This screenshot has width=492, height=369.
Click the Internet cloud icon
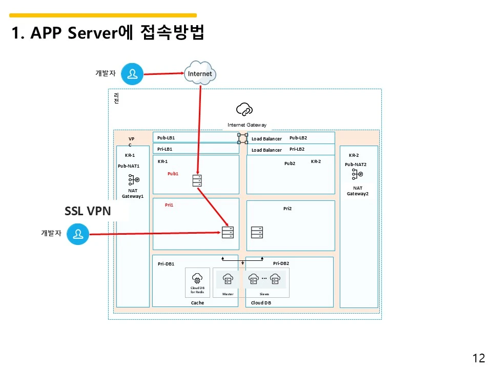point(200,73)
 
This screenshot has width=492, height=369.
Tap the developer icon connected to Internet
point(133,74)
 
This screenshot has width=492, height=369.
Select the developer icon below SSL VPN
point(78,235)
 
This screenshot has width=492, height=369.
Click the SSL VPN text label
point(88,211)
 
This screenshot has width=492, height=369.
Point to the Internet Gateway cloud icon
point(244,109)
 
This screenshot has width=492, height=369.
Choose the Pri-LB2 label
point(297,149)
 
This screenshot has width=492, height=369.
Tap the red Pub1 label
point(173,174)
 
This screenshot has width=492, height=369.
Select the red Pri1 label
point(169,205)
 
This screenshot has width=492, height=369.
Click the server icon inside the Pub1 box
point(197,180)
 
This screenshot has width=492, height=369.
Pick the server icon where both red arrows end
point(228,232)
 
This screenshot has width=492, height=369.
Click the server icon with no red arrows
point(257,232)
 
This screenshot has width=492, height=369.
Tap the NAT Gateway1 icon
point(134,179)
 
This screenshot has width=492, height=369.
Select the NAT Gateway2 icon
point(357,175)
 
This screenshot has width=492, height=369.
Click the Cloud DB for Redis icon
point(197,278)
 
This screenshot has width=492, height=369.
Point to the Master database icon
point(228,279)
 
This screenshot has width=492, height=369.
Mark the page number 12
point(478,358)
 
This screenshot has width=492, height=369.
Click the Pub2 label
point(290,163)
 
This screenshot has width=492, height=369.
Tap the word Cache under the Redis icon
point(197,303)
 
